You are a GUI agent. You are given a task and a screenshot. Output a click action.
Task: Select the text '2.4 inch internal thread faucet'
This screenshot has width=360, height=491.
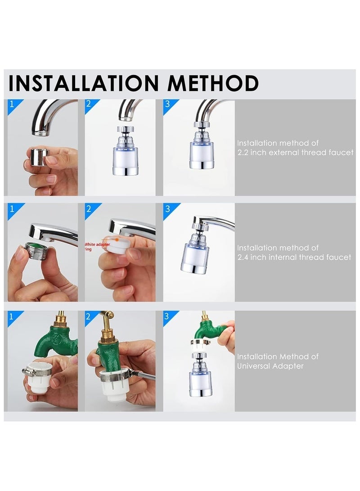(294, 257)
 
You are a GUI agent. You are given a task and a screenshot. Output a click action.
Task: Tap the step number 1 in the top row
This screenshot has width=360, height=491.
(12, 104)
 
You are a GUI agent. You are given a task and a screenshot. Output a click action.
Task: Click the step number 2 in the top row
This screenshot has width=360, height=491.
(89, 104)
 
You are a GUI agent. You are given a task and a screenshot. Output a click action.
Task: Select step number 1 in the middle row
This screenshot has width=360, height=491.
(12, 208)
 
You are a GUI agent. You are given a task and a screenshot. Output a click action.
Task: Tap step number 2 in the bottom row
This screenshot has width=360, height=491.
(89, 316)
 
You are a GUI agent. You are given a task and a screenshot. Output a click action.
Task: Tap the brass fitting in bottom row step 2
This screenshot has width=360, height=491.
(107, 331)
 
